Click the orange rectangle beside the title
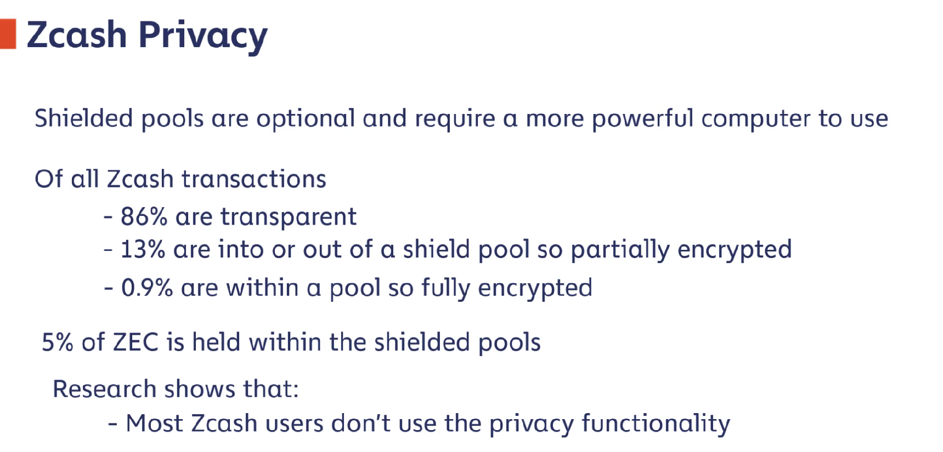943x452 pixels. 8,34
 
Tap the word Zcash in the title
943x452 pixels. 77,35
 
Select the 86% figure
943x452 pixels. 144,216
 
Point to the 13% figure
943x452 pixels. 143,249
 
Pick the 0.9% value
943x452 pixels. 147,288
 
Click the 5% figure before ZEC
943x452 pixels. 58,342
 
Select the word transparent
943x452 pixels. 289,217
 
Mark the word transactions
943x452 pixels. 254,179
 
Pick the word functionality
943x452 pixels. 656,424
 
